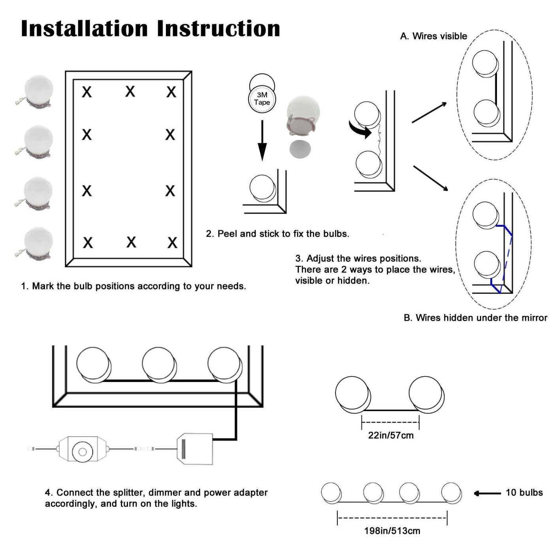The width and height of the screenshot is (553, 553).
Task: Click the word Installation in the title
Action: tap(84, 28)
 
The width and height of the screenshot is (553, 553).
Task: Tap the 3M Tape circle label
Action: tap(262, 99)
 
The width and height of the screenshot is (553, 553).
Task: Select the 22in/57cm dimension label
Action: tap(391, 435)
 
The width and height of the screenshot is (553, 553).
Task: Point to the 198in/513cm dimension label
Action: tap(392, 531)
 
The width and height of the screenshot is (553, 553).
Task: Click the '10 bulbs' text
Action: tap(524, 493)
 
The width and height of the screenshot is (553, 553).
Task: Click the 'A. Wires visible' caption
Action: tap(433, 36)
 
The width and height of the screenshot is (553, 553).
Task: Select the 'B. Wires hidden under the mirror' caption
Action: tap(475, 318)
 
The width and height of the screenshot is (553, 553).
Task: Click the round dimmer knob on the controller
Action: tap(83, 451)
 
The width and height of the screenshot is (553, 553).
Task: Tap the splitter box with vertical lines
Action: tap(195, 449)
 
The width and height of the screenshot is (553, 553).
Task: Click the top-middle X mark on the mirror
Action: tap(130, 92)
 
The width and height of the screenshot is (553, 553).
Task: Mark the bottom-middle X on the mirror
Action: tap(131, 242)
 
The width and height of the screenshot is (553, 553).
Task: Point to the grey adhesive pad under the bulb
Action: tap(300, 149)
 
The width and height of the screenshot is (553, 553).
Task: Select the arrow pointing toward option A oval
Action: tap(429, 113)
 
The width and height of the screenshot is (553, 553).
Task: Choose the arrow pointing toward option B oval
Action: tap(431, 178)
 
